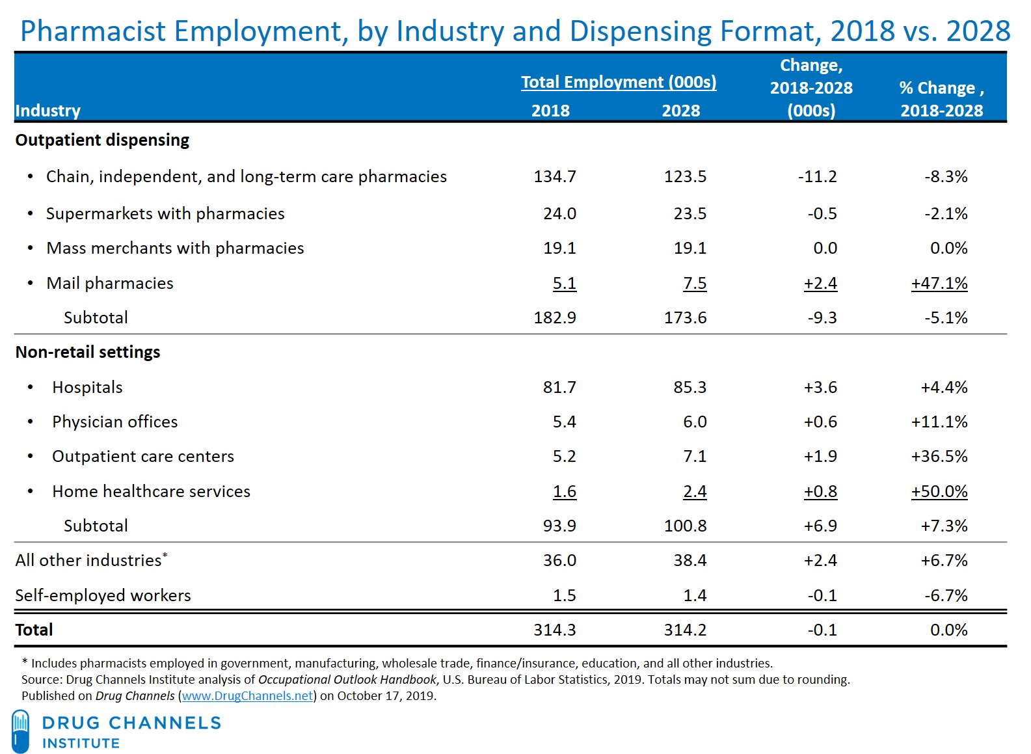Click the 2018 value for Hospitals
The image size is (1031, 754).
559,387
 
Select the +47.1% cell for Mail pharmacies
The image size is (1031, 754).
939,284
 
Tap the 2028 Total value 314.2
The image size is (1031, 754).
685,630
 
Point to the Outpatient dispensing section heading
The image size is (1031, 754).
102,140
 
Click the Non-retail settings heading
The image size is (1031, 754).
88,352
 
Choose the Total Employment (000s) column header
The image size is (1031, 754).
619,82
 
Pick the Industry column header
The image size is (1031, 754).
48,111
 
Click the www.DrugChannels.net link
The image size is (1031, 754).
247,695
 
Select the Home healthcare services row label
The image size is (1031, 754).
151,491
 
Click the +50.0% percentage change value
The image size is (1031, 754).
939,491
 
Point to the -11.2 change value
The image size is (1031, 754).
817,176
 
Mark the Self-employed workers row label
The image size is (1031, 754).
103,595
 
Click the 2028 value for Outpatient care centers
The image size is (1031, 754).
695,456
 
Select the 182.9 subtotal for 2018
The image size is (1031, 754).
555,317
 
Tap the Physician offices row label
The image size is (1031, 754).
114,422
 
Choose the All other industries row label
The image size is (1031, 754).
88,560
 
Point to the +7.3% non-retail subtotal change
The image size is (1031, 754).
944,526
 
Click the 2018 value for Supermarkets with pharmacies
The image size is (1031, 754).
559,213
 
